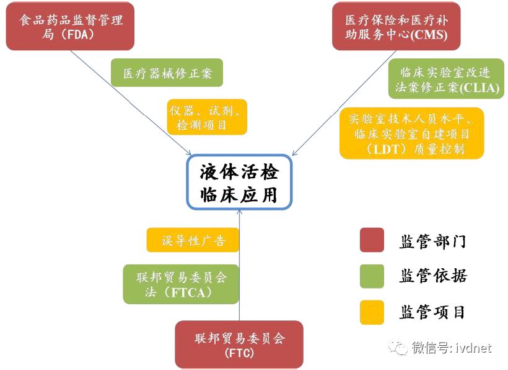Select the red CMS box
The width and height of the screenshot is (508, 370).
(x=396, y=27)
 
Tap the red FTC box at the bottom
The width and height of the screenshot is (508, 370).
(x=239, y=345)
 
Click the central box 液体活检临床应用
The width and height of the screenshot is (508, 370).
(x=239, y=181)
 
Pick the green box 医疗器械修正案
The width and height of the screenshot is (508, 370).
(x=167, y=73)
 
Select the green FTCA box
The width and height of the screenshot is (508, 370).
(x=181, y=284)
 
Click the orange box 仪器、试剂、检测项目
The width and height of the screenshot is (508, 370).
(x=206, y=117)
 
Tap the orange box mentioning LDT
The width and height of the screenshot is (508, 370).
(x=411, y=133)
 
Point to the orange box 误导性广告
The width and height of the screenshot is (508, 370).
(x=193, y=240)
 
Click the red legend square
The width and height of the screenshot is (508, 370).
(x=372, y=240)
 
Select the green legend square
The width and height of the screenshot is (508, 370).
(x=372, y=276)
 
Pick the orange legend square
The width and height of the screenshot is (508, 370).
(x=372, y=312)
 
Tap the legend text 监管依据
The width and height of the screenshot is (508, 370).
(x=432, y=276)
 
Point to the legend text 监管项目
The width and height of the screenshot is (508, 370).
(x=432, y=312)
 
